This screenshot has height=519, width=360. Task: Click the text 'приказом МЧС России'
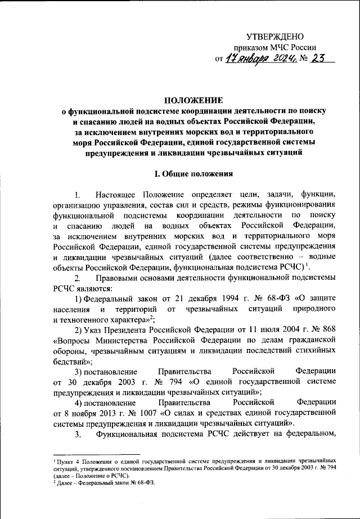point(277,48)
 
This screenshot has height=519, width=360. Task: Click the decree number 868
point(329,329)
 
